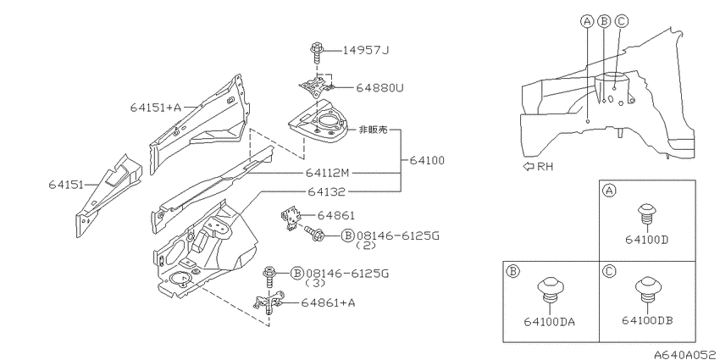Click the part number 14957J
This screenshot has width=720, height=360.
pos(366,50)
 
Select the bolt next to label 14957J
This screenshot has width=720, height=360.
pos(317,53)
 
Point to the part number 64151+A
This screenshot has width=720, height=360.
pos(156,108)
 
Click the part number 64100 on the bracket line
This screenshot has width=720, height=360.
pos(427,161)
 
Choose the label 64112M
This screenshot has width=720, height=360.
pos(328,173)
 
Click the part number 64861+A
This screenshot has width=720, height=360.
pos(328,302)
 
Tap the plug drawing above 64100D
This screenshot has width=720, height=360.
pos(646,214)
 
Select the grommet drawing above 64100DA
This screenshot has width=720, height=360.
pos(549,290)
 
